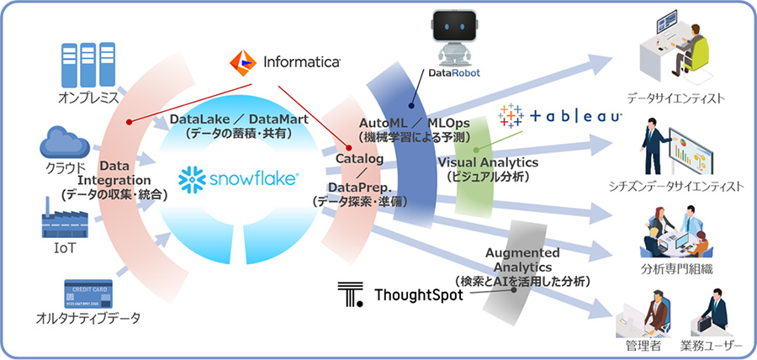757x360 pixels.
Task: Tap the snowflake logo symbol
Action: point(192,179)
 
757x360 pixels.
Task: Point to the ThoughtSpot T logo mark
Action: point(349,294)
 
